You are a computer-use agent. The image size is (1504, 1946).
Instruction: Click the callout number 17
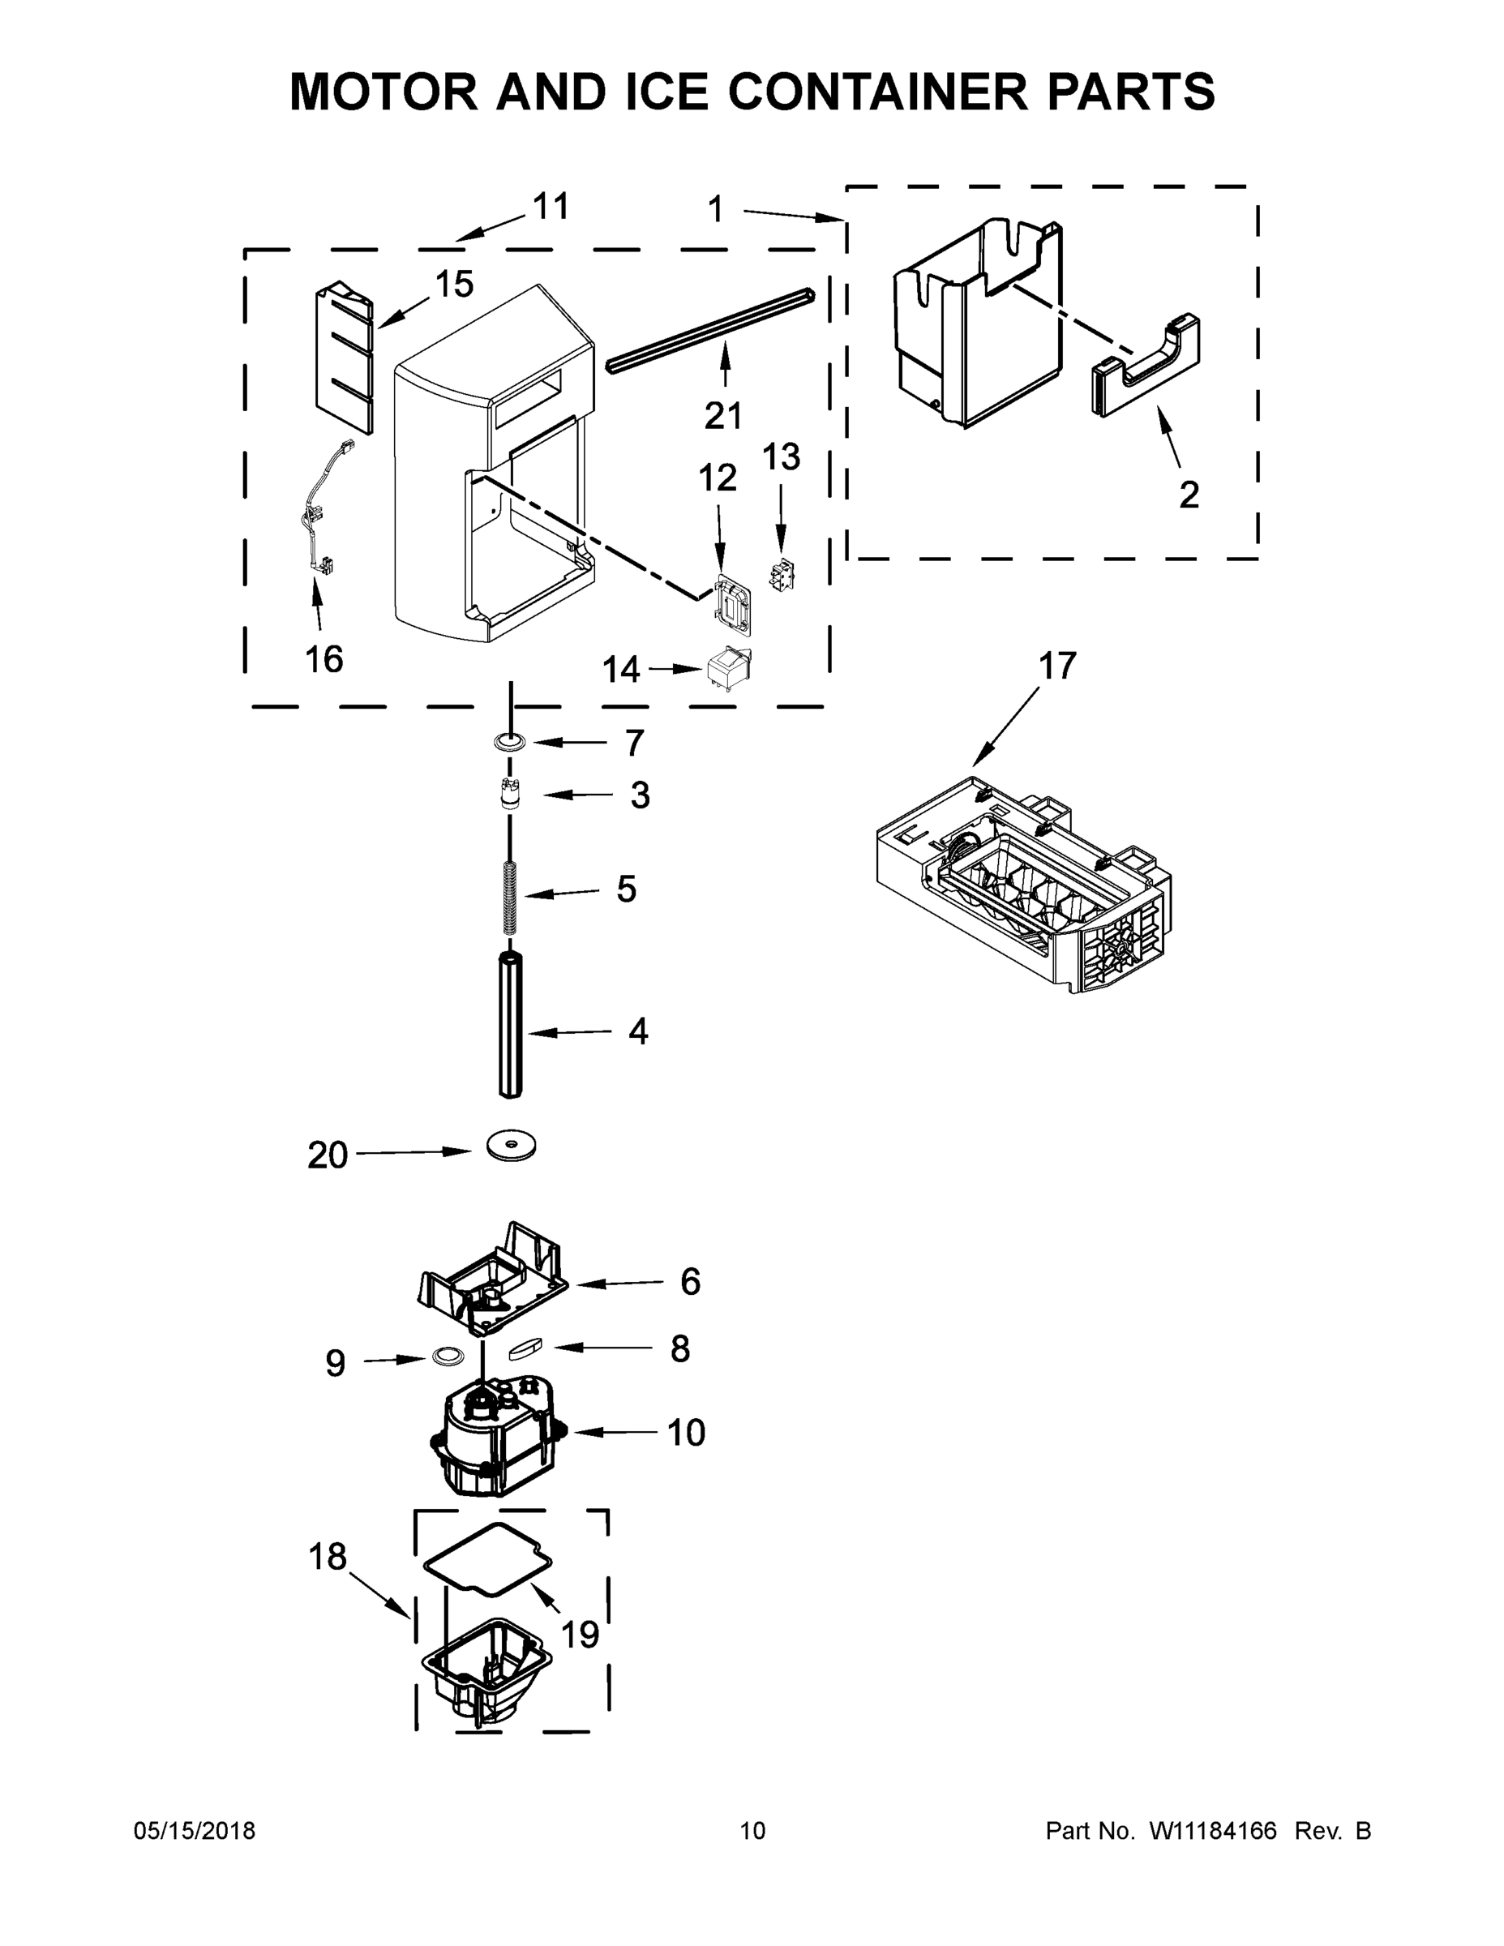pos(1057,666)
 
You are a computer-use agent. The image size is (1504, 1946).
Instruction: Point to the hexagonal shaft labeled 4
pos(510,1025)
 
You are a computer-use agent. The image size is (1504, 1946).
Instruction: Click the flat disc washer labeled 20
pos(512,1147)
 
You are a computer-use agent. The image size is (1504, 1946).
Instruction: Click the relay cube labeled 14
pos(729,668)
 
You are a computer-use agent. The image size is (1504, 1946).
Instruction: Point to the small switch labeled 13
pos(782,576)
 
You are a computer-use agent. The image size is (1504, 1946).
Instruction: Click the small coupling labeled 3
pos(510,792)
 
